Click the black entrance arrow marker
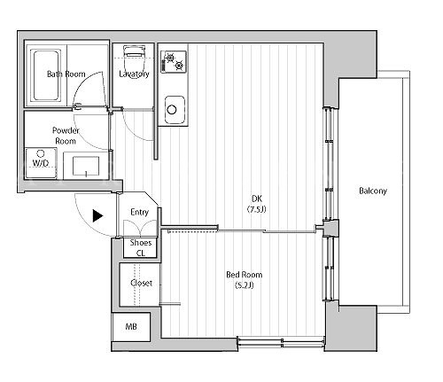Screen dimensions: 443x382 pos(97,215)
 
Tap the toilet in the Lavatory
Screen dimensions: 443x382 pos(134,58)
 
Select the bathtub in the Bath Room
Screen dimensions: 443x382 pos(46,75)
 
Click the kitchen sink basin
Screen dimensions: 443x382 pos(175,109)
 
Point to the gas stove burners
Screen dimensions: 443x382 pos(174,62)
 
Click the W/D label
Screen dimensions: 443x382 pos(41,163)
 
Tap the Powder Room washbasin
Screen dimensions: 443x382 pos(86,166)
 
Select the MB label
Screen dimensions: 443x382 pos(131,326)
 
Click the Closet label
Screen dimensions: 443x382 pos(141,283)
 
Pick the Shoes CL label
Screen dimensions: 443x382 pos(141,248)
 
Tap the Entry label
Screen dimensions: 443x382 pos(139,212)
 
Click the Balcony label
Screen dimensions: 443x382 pos(373,191)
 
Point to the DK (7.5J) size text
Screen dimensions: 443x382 pos(257,209)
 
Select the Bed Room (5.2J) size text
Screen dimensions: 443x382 pos(245,285)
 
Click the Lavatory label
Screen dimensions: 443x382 pos(134,74)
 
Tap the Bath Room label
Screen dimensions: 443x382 pos(66,74)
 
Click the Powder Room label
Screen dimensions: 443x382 pos(66,136)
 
